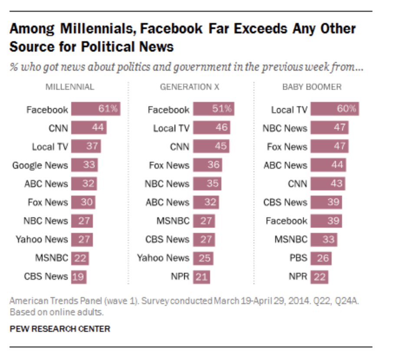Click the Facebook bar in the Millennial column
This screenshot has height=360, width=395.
click(95, 109)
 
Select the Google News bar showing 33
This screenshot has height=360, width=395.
click(84, 165)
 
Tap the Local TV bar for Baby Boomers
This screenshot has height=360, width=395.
click(335, 109)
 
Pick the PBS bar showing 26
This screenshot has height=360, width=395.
click(321, 258)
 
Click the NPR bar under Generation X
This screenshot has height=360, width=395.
click(201, 276)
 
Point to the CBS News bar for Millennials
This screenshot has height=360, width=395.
click(79, 276)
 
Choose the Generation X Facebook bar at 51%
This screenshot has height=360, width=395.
click(214, 109)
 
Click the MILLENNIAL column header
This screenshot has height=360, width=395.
click(70, 87)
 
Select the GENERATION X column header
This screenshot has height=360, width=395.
click(190, 87)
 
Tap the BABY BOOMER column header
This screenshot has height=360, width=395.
click(312, 87)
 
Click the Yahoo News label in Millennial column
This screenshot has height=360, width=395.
click(42, 239)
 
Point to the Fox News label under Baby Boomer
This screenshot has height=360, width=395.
click(287, 147)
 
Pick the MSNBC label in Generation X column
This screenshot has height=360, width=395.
click(173, 221)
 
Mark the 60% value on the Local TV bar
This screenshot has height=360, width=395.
click(347, 109)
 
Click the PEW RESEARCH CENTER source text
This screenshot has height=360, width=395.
click(60, 329)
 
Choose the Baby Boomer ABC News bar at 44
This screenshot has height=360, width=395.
click(328, 165)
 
